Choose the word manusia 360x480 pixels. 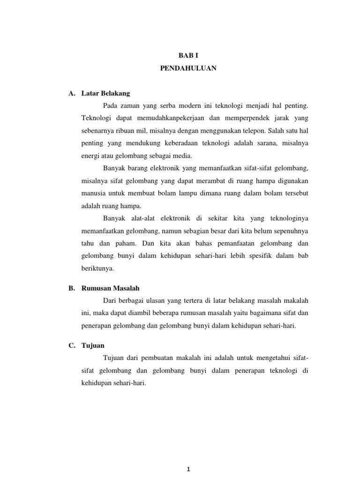pyautogui.click(x=88, y=194)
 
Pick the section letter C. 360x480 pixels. pyautogui.click(x=71, y=345)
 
